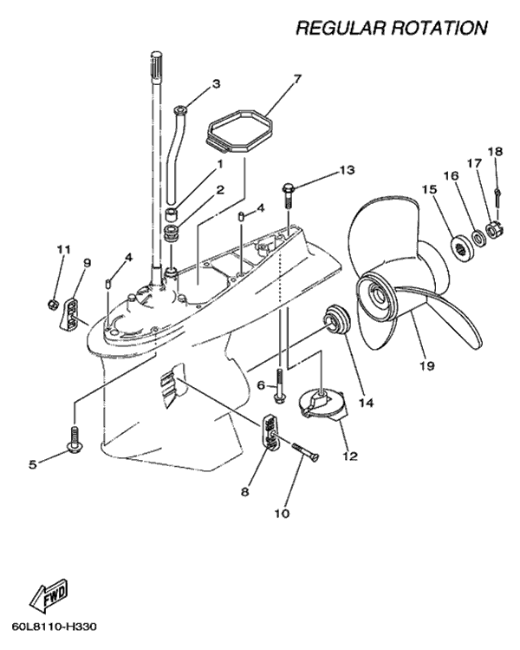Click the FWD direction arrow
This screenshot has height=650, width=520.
pyautogui.click(x=50, y=597)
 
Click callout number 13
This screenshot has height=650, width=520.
pyautogui.click(x=347, y=170)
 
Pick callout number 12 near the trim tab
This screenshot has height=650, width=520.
pyautogui.click(x=349, y=455)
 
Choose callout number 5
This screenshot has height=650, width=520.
pyautogui.click(x=33, y=464)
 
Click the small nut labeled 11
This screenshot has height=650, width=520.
pyautogui.click(x=54, y=305)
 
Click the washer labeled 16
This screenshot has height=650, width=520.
pyautogui.click(x=475, y=237)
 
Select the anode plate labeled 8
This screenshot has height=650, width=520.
pyautogui.click(x=270, y=433)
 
